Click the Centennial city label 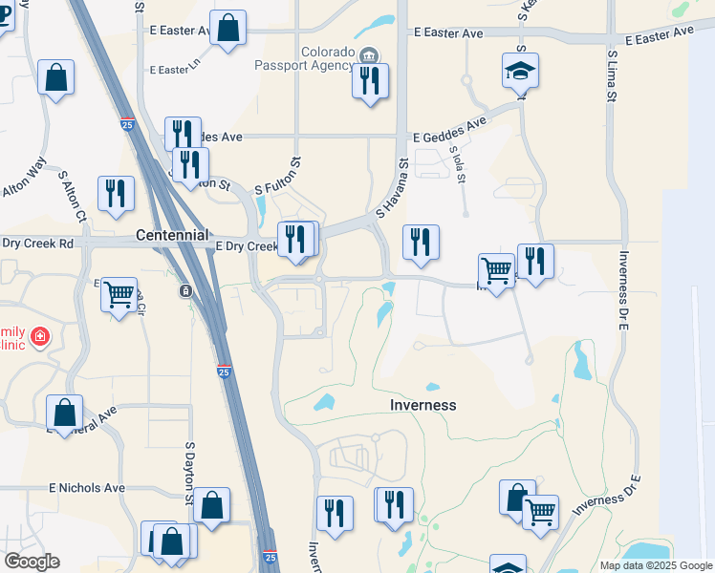[172, 234]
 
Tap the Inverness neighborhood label [423, 405]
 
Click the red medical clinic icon [39, 335]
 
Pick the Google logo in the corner [32, 562]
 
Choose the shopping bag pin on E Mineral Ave [65, 414]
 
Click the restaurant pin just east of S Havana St [421, 244]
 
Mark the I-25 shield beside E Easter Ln [127, 124]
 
